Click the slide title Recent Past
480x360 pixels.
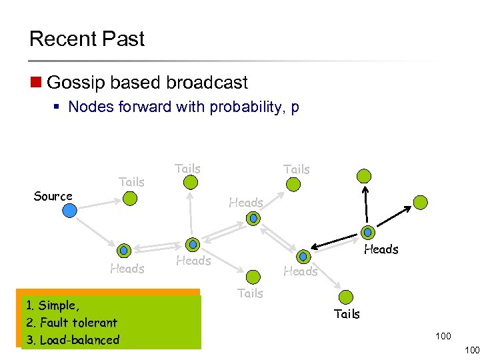click(87, 39)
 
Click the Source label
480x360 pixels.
click(53, 196)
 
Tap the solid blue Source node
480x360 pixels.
click(70, 211)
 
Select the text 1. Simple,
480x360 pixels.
click(53, 306)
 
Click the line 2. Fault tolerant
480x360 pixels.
click(71, 323)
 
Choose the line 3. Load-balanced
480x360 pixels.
click(73, 340)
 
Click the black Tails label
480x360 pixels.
click(347, 313)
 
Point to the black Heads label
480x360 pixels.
click(381, 249)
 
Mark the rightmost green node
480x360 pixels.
click(420, 202)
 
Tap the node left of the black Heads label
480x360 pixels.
click(367, 233)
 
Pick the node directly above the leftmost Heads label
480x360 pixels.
click(123, 251)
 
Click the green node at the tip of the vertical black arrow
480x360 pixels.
click(364, 176)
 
